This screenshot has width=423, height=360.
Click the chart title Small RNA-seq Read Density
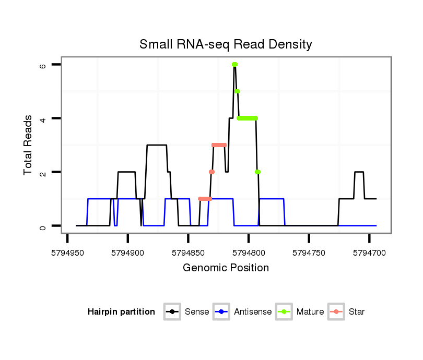(x=226, y=45)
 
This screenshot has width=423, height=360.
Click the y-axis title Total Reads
(x=28, y=145)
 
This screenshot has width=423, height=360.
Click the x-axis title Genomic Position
(x=226, y=268)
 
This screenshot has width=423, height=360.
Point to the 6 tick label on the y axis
(x=43, y=65)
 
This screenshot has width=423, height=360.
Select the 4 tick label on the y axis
(x=43, y=118)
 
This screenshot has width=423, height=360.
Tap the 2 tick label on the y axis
(x=43, y=172)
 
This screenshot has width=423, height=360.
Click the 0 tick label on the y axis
(x=43, y=226)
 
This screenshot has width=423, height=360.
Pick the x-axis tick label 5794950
(x=67, y=252)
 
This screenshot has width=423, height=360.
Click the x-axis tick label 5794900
(x=128, y=252)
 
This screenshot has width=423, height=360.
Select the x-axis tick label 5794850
(x=188, y=252)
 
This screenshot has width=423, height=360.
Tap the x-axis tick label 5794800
(x=249, y=252)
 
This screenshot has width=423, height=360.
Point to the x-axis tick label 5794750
(x=309, y=252)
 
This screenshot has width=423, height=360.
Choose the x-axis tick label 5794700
(x=369, y=252)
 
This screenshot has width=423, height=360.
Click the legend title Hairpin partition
(x=121, y=312)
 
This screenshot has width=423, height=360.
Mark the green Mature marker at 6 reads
(x=234, y=65)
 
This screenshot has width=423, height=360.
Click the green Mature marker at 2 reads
(x=257, y=172)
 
